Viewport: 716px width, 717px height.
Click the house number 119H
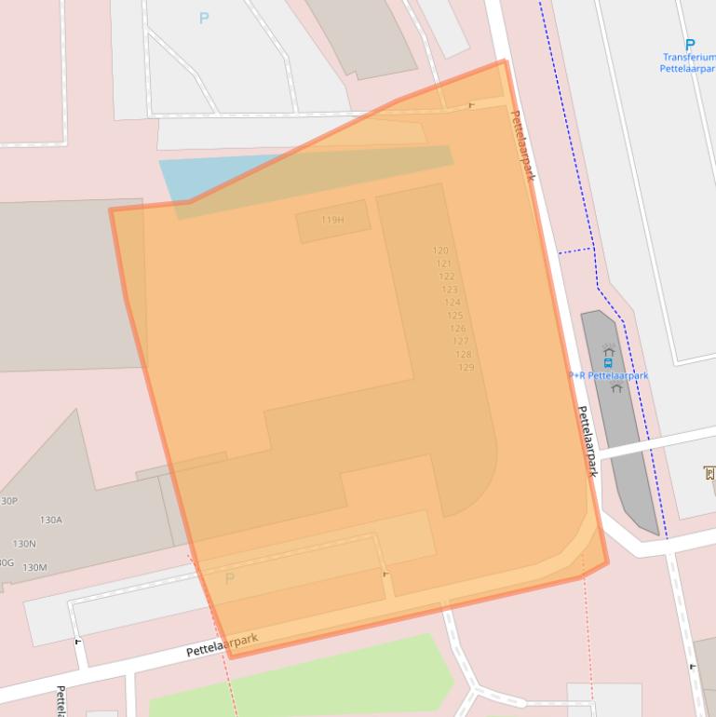pyautogui.click(x=332, y=221)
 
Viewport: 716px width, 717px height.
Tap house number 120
pyautogui.click(x=440, y=250)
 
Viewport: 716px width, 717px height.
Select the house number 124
pyautogui.click(x=452, y=303)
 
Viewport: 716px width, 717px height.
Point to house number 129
pyautogui.click(x=466, y=368)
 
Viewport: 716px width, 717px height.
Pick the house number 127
pyautogui.click(x=460, y=342)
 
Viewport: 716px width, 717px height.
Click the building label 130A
pyautogui.click(x=51, y=520)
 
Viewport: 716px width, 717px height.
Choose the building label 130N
pyautogui.click(x=24, y=543)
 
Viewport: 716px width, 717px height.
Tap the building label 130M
pyautogui.click(x=34, y=567)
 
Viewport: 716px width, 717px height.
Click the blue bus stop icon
pyautogui.click(x=608, y=362)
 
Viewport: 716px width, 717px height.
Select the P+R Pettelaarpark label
pyautogui.click(x=608, y=375)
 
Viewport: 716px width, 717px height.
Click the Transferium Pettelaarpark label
pyautogui.click(x=688, y=63)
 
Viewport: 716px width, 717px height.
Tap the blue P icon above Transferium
pyautogui.click(x=690, y=44)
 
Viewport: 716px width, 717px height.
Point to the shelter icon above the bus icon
pyautogui.click(x=608, y=350)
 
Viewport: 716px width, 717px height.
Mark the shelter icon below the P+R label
pyautogui.click(x=616, y=388)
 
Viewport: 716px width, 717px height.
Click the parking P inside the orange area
pyautogui.click(x=230, y=578)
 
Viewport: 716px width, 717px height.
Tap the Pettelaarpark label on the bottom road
pyautogui.click(x=222, y=644)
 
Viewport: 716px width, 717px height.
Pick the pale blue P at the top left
pyautogui.click(x=204, y=18)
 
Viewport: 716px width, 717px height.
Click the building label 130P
pyautogui.click(x=8, y=501)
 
